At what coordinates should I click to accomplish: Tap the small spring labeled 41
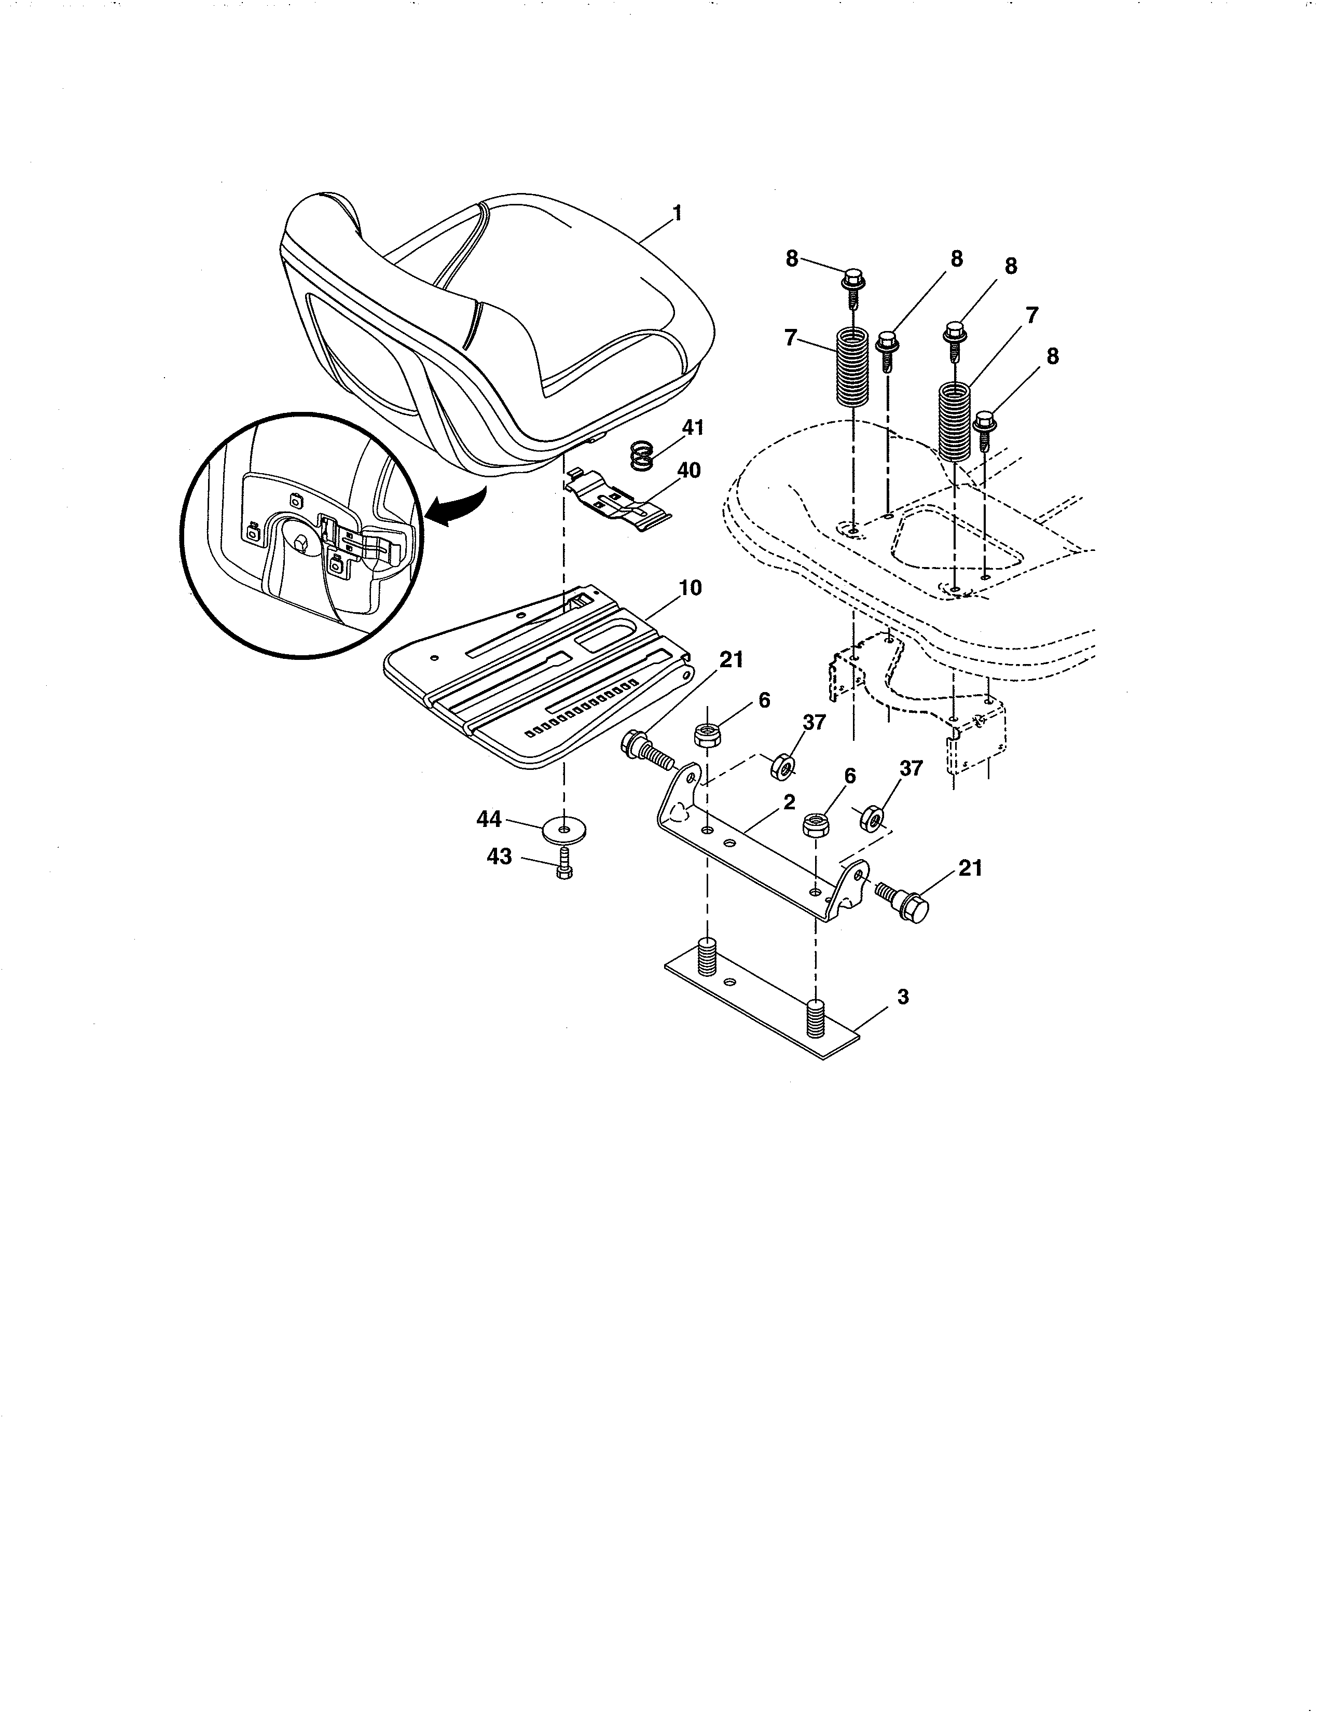coord(642,455)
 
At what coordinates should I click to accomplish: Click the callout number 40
coord(689,471)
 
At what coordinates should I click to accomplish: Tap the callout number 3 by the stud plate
coord(903,997)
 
